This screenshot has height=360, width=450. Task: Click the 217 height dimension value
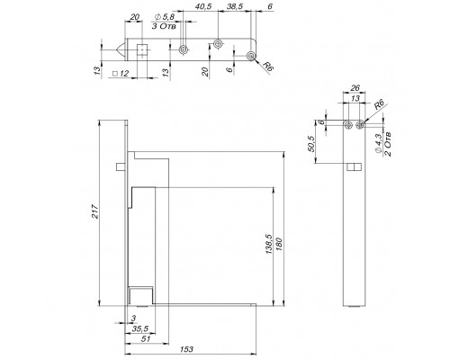point(94,211)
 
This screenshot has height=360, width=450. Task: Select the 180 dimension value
point(278,245)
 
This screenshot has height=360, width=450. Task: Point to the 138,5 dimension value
point(269,245)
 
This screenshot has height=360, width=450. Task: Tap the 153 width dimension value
point(187,349)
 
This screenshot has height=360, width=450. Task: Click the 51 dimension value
point(146,339)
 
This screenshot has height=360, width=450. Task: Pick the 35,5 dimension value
point(140,329)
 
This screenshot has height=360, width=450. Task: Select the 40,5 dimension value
point(203,6)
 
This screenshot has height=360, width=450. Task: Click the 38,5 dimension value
point(235,6)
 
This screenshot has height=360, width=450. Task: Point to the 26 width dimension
point(355,88)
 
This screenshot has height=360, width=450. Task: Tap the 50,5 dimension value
point(311,144)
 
